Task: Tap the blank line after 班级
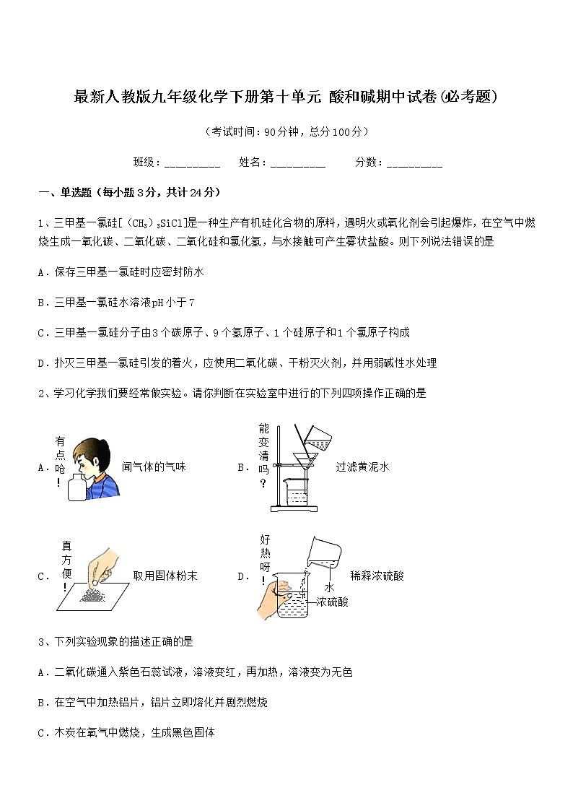192,163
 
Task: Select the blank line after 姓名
297,163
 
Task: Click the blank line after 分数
414,163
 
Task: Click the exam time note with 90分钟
286,131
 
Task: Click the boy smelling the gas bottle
98,466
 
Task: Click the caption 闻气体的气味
154,467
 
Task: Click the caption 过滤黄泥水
362,467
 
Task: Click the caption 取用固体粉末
165,576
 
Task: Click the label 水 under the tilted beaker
329,588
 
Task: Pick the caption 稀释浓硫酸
377,576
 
